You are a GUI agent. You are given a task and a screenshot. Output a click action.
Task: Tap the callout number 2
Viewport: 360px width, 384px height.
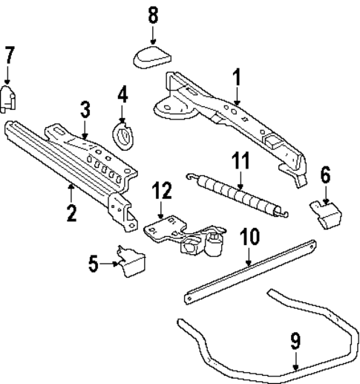[71, 214]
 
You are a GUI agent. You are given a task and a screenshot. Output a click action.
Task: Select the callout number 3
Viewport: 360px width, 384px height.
[85, 110]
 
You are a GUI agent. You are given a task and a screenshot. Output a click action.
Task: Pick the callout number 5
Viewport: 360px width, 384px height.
[93, 263]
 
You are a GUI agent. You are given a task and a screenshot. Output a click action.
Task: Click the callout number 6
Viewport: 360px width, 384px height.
[324, 175]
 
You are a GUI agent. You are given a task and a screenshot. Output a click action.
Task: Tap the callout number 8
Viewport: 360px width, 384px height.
[153, 15]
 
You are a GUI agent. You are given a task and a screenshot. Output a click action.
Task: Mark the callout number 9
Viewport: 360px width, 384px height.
[295, 342]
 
